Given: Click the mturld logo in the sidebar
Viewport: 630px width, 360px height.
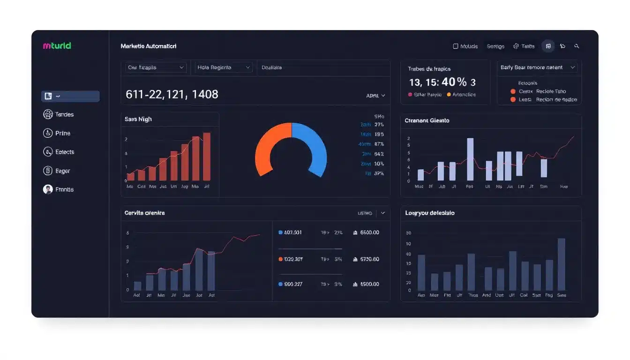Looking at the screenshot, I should (57, 46).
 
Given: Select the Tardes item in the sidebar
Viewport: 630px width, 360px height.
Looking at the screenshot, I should (59, 114).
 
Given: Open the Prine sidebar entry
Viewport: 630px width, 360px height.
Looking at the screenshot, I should (57, 133).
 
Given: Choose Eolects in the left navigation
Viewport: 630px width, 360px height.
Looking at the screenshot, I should (59, 152).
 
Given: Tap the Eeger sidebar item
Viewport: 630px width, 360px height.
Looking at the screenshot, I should (57, 171).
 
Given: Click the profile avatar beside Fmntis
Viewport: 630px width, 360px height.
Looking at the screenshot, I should (47, 189).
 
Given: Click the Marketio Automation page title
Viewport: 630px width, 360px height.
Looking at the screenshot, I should (148, 46).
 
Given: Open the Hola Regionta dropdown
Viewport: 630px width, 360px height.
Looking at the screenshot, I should (224, 67).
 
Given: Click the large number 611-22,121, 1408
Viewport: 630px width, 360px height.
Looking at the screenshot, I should (172, 94).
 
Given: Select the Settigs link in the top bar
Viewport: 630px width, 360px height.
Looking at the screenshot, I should (495, 46).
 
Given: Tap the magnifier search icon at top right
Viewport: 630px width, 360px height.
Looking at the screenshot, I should (577, 46).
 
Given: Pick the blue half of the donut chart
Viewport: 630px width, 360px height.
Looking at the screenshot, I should (315, 145).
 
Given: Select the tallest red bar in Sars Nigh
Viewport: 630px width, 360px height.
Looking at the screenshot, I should (207, 157).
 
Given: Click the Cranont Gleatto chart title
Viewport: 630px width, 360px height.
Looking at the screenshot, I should (427, 120).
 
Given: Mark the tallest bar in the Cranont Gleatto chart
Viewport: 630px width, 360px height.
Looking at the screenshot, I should (470, 159).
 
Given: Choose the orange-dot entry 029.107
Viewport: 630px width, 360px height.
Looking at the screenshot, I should (292, 259).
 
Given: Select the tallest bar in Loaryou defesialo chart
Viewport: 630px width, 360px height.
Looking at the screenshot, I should (561, 264).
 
